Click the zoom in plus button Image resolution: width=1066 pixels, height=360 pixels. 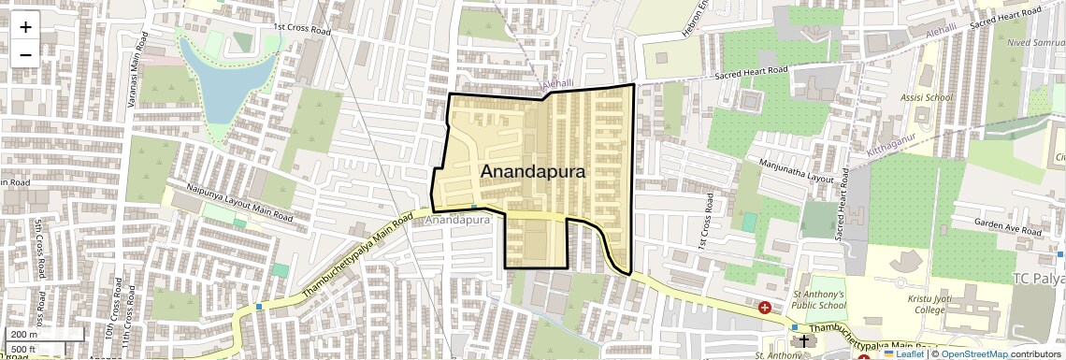pyautogui.click(x=25, y=27)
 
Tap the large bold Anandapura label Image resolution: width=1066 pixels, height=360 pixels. pyautogui.click(x=533, y=172)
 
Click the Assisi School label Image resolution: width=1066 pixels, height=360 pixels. pyautogui.click(x=926, y=97)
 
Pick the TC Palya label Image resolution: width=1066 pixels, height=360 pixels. pyautogui.click(x=1039, y=279)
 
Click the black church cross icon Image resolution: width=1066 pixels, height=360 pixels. pyautogui.click(x=803, y=342)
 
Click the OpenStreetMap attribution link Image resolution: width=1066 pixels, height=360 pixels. pyautogui.click(x=974, y=353)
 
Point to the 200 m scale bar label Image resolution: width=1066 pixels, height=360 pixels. pyautogui.click(x=25, y=335)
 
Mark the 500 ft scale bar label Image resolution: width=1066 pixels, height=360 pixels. pyautogui.click(x=23, y=349)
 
